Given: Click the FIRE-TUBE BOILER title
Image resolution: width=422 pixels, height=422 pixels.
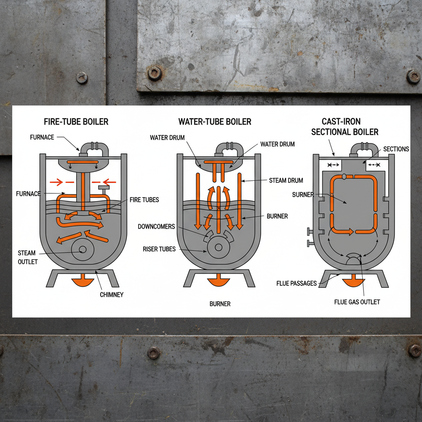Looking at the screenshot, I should click(x=76, y=122).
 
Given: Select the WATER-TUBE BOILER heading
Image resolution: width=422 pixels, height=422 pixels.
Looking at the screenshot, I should click(x=215, y=122).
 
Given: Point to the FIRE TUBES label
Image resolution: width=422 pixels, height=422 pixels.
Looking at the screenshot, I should click(x=144, y=200).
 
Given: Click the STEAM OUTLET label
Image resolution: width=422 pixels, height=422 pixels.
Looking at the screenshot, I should click(x=27, y=257).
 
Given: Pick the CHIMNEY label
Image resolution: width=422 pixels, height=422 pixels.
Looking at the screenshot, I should click(x=111, y=295).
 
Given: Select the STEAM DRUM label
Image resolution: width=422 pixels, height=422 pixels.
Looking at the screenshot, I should click(x=286, y=180).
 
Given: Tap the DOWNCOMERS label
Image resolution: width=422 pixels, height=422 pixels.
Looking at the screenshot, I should click(x=156, y=227).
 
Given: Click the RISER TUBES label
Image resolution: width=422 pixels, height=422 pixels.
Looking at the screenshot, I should click(x=159, y=249).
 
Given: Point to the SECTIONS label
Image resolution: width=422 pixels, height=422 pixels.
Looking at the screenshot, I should click(x=396, y=149).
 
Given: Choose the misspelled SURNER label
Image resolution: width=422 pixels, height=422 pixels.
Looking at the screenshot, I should click(x=303, y=194).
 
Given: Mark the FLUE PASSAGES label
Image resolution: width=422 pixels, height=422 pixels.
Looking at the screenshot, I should click(x=297, y=283).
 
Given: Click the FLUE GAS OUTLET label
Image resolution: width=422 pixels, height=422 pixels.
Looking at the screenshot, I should click(x=357, y=302).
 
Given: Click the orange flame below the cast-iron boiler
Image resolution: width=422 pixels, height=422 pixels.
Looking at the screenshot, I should click(x=353, y=282).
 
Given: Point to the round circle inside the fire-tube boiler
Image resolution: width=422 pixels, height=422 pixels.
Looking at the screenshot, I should click(x=82, y=250).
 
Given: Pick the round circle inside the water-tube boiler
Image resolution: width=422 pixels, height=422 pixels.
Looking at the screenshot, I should click(x=218, y=247).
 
